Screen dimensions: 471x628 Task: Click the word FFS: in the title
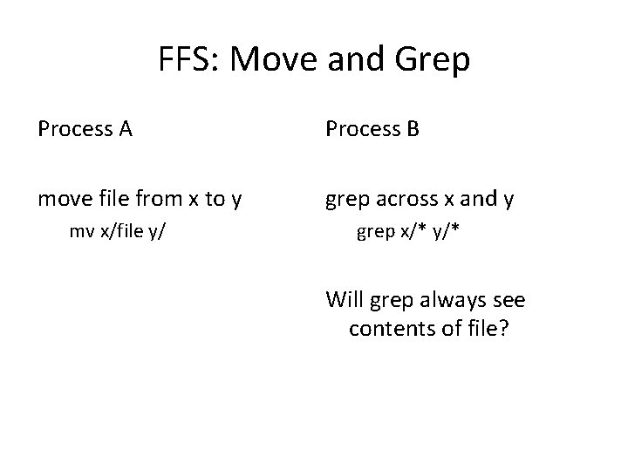click(187, 60)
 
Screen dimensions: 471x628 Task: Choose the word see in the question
click(509, 300)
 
